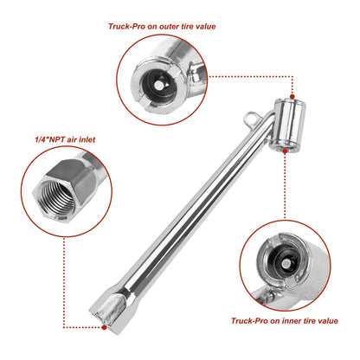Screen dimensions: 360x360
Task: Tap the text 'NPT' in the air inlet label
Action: tap(57, 139)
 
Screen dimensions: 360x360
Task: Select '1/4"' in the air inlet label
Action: tap(42, 139)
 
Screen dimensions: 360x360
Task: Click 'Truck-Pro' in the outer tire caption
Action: tap(127, 27)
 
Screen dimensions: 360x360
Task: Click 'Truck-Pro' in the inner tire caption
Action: tap(249, 321)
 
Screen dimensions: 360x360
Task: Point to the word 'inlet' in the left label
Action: tap(87, 139)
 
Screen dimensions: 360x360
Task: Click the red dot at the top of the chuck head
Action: tap(292, 97)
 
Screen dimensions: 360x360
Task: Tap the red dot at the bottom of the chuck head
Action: tap(285, 151)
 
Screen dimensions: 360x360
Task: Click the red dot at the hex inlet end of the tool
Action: tap(104, 327)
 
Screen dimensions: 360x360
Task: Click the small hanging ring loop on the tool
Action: tap(250, 119)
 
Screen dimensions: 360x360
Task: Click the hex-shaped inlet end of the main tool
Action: tap(107, 313)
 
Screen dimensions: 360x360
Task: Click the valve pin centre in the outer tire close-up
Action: tap(158, 85)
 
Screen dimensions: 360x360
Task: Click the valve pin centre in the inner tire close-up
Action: tap(286, 263)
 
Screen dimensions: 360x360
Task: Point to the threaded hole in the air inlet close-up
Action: tap(57, 196)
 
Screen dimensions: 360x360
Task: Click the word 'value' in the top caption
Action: tap(205, 27)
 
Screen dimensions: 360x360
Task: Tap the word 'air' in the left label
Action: tap(72, 139)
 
